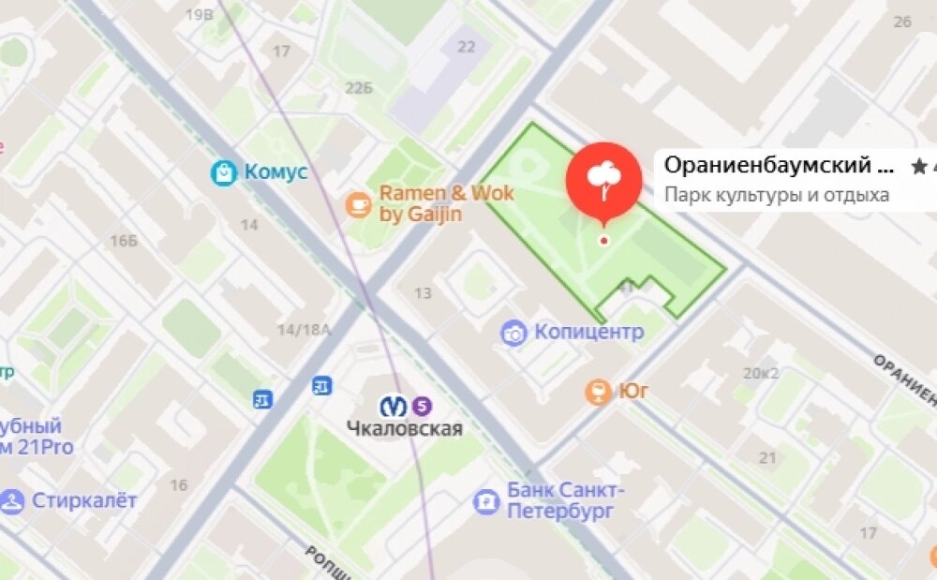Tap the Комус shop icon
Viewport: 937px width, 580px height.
click(x=224, y=171)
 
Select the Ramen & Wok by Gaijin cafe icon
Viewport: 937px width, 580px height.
click(x=358, y=204)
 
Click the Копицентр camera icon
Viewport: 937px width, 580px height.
click(x=513, y=333)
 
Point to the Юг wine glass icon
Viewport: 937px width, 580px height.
click(x=597, y=392)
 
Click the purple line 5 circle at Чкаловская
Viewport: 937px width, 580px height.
click(x=423, y=406)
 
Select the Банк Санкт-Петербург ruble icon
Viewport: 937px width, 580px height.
click(x=486, y=502)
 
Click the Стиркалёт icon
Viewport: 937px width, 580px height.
click(x=12, y=500)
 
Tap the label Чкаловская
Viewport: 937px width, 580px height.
click(x=405, y=429)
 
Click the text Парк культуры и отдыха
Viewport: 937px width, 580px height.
click(x=777, y=196)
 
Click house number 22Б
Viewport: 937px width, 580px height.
click(x=359, y=88)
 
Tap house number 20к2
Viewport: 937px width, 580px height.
click(x=761, y=373)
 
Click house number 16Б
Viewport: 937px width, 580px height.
click(x=123, y=242)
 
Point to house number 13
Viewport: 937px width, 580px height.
click(x=423, y=294)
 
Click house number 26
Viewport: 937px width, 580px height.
click(x=902, y=21)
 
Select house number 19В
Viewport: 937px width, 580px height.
click(x=200, y=15)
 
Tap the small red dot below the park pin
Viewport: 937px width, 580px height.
click(x=603, y=241)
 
